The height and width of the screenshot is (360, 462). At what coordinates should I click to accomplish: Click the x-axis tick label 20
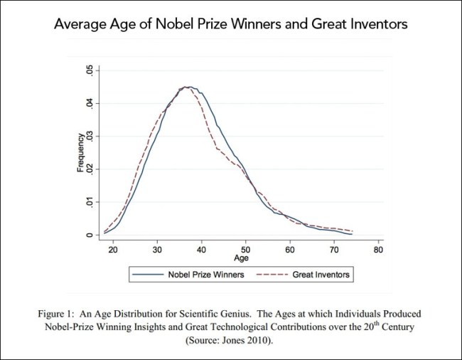pyautogui.click(x=114, y=251)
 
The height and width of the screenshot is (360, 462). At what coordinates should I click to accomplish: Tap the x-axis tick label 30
pyautogui.click(x=158, y=251)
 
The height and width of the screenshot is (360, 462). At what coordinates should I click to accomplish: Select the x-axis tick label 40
pyautogui.click(x=202, y=251)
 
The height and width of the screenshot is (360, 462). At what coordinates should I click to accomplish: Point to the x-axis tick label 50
pyautogui.click(x=246, y=251)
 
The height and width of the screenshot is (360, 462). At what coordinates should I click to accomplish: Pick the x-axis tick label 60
pyautogui.click(x=290, y=251)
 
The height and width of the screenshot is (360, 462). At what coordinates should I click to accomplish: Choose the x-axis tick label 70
pyautogui.click(x=334, y=251)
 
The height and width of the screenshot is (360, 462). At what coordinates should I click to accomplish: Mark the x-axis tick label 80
pyautogui.click(x=378, y=251)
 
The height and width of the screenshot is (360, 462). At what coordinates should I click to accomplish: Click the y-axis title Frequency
pyautogui.click(x=81, y=152)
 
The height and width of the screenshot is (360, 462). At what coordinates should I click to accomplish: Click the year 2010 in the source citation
pyautogui.click(x=262, y=341)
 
